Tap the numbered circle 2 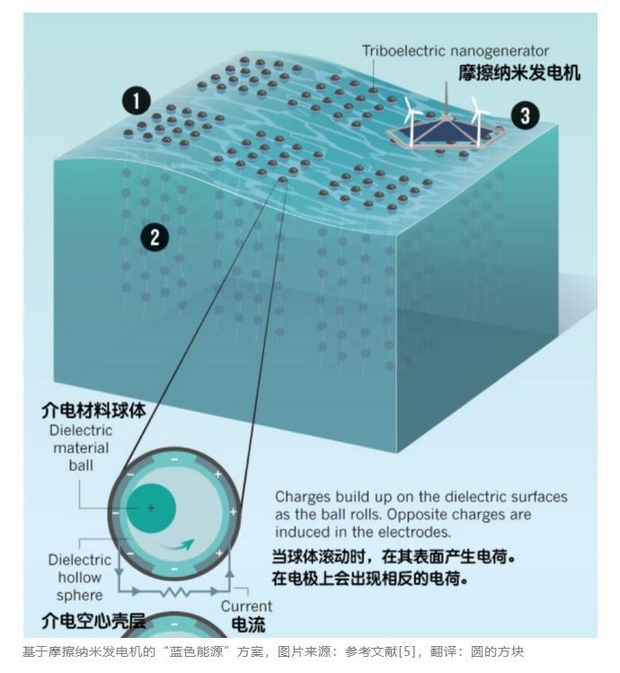155,238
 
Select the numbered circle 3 526,115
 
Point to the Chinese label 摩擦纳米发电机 519,74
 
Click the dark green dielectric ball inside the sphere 151,508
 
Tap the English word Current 246,606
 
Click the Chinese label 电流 248,624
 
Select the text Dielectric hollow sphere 80,578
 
